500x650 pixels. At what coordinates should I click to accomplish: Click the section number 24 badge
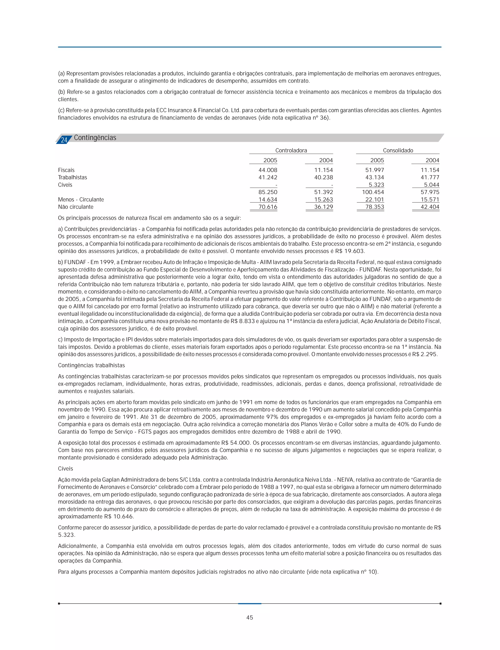pos(64,140)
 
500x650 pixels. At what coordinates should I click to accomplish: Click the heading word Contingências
pos(95,138)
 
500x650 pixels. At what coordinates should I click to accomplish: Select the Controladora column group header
pos(291,150)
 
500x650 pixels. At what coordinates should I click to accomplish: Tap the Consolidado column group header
pos(398,150)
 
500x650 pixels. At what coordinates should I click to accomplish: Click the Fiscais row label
pos(66,170)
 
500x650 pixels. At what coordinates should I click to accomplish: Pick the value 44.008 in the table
pos(268,170)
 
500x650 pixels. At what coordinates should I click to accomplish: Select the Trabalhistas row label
pos(72,178)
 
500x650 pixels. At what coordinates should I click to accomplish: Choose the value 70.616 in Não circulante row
pos(268,207)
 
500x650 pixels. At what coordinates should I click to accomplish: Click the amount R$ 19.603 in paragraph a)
pos(349,251)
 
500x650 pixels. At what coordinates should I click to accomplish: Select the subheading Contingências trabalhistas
pos(91,365)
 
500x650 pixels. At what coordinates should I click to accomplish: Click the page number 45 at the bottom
pos(250,618)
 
